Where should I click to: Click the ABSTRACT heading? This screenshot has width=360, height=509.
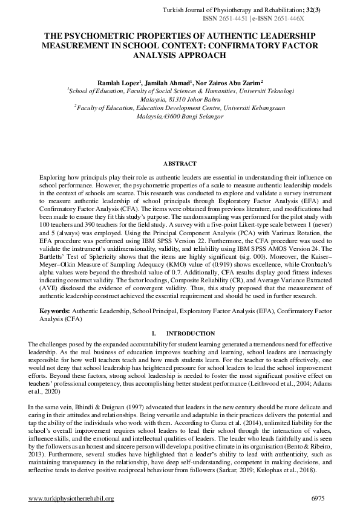coord(180,163)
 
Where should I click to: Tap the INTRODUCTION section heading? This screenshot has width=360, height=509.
coord(190,333)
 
